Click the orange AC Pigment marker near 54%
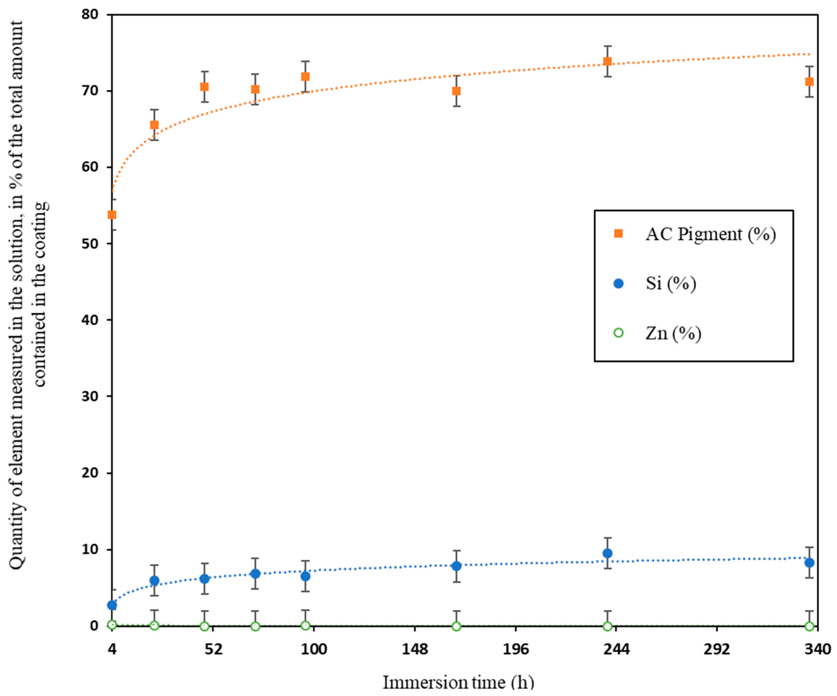pos(112,215)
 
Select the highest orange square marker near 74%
pos(607,61)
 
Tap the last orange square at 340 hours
pos(809,82)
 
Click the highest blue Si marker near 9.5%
pos(607,553)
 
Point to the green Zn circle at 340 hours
pos(809,626)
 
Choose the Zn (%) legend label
pos(673,333)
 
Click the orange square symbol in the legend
pos(618,233)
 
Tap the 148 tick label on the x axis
pos(415,650)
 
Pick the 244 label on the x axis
pos(616,650)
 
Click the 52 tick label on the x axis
pos(213,650)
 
